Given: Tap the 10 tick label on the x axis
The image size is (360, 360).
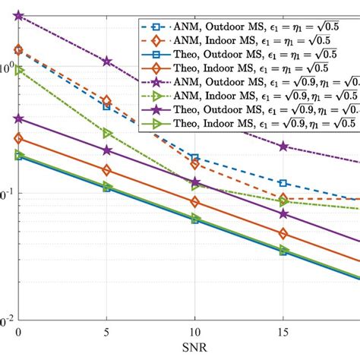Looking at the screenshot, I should coord(194,333).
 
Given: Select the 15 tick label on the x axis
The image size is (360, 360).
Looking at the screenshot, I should coord(283,333).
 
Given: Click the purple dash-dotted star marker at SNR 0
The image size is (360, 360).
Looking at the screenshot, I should coord(19,15).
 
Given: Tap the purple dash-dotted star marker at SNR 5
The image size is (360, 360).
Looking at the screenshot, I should coord(107,61).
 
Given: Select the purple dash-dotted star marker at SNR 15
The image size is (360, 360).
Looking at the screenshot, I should coord(283,146).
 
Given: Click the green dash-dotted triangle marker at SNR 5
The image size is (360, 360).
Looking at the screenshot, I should coord(107,133).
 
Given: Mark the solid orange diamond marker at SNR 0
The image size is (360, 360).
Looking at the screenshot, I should coord(19,139).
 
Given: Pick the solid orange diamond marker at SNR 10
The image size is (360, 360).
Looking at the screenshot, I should coord(195,202).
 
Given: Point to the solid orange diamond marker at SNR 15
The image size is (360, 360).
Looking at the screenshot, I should coord(283,234).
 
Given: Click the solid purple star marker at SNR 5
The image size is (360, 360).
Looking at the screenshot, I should coord(107,150).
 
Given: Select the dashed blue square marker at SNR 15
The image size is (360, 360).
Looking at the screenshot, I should coord(283,183).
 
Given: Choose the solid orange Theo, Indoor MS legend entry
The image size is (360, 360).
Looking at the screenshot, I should coord(243,68).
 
